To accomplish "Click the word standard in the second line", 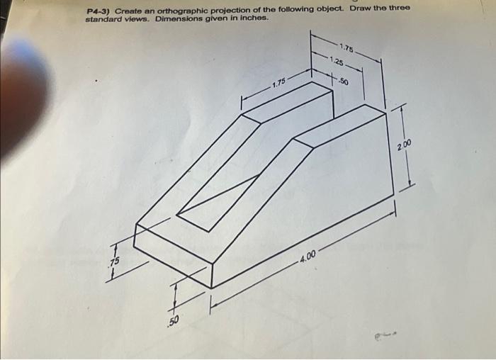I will (x=103, y=19).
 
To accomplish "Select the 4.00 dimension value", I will (x=310, y=254).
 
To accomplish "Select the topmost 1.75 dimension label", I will (x=347, y=47).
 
